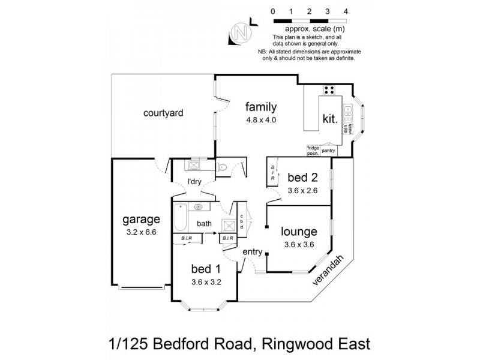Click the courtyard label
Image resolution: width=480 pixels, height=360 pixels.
163,112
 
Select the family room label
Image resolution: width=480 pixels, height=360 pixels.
260,107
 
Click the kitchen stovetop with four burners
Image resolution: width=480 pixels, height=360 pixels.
328,91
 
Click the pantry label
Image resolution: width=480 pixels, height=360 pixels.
328,151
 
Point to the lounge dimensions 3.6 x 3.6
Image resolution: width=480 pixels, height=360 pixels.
299,244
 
